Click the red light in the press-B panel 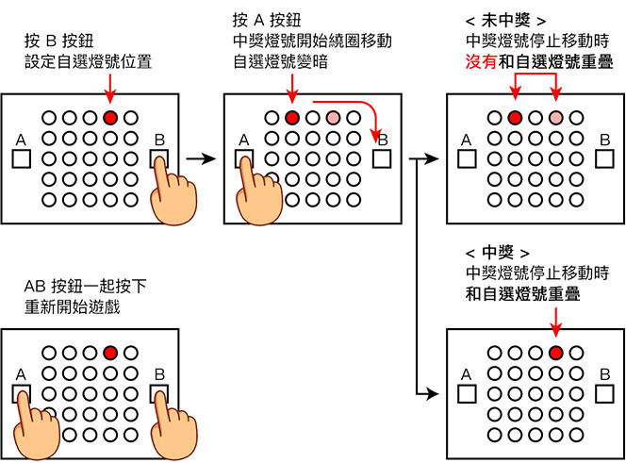(110, 118)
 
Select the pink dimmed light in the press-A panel (333, 118)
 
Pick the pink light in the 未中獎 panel (556, 118)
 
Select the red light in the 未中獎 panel (515, 118)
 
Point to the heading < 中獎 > (492, 254)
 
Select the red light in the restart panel (110, 353)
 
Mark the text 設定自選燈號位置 (90, 62)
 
